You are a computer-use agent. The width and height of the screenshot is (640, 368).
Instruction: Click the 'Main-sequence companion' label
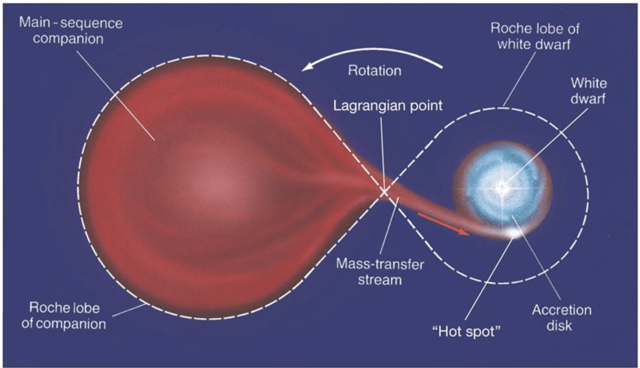(71, 31)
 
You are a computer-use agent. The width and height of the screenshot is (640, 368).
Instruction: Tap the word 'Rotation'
(374, 71)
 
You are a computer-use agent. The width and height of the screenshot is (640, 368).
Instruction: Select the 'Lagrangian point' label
(388, 105)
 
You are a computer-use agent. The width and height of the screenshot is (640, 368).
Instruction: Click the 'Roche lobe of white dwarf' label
(534, 36)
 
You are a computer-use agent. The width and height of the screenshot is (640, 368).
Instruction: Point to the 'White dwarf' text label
(589, 91)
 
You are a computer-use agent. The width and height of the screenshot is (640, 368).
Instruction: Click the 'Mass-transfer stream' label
(380, 272)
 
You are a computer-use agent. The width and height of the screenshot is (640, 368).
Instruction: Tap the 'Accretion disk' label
(561, 317)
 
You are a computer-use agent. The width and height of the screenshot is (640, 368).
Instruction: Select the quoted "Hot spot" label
(467, 331)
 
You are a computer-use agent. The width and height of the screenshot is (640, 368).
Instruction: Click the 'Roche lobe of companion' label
(64, 315)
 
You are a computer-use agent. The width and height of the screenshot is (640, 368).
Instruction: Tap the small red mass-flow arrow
(444, 224)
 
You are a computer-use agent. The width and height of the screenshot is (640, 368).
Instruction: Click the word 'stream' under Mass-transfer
(380, 280)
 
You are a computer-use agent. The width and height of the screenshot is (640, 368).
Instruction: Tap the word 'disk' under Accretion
(559, 326)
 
